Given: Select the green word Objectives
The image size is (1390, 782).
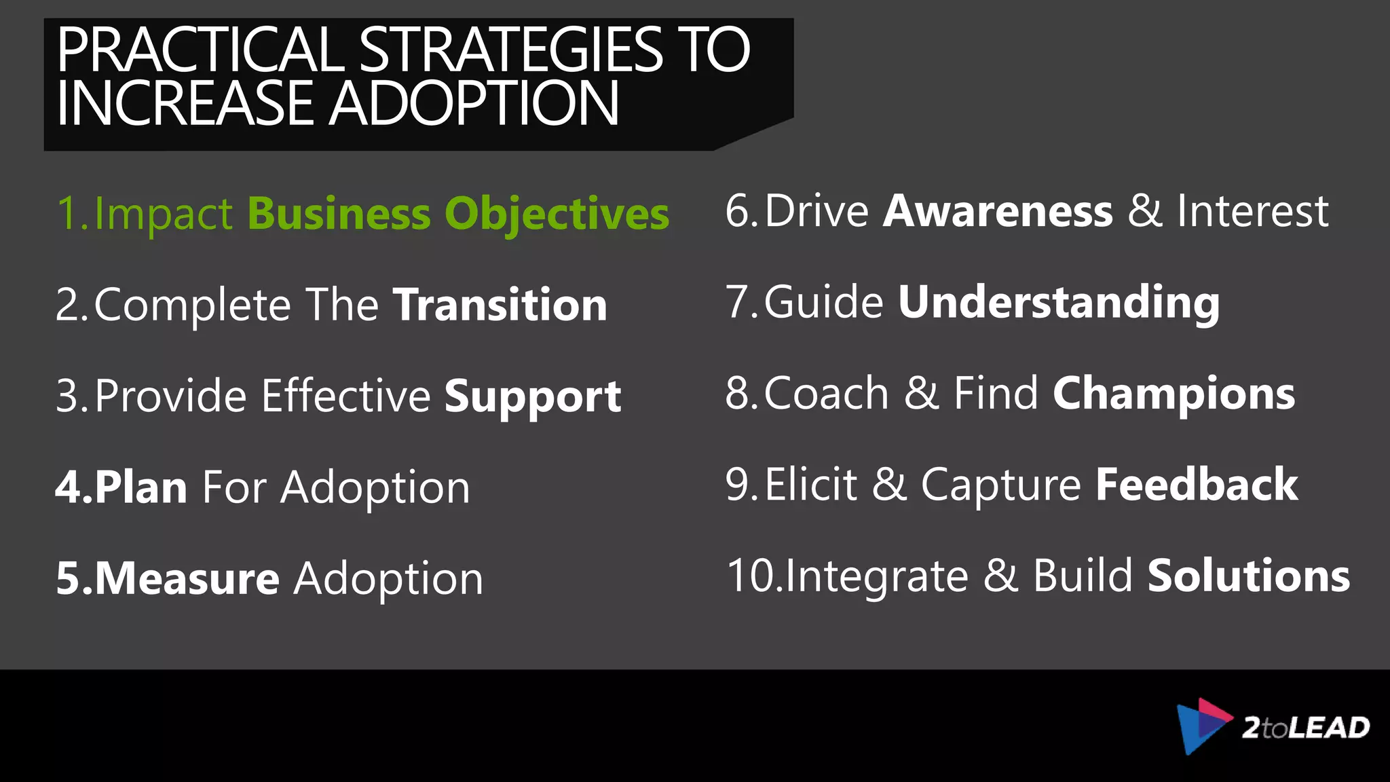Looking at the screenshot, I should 557,215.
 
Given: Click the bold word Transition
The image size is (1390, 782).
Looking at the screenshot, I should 500,305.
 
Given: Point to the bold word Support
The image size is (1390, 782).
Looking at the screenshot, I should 533,396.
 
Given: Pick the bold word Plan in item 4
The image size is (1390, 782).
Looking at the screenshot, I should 141,487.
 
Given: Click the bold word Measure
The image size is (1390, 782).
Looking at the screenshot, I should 187,578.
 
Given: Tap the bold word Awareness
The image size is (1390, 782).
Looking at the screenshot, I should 998,211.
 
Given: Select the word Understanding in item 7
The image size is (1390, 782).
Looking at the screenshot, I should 1059,302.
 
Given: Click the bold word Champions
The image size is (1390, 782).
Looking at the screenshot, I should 1173,394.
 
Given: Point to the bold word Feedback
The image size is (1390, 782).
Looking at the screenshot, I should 1197,485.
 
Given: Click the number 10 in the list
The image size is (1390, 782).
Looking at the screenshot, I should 751,576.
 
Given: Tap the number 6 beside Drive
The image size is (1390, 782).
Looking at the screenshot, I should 738,211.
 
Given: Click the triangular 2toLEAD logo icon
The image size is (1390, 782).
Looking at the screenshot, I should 1202,726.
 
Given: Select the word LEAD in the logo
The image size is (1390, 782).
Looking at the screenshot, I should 1329,728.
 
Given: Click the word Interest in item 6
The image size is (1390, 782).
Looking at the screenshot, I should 1252,211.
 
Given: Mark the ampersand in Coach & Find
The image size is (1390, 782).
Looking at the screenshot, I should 921,394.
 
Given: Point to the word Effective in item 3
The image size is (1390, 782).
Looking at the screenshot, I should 346,396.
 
